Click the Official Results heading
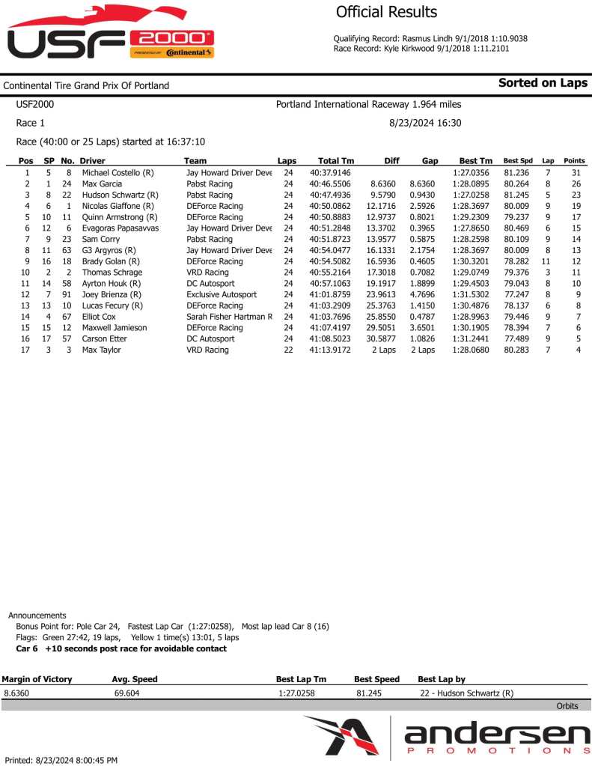386,12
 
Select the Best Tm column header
476,161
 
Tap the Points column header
574,161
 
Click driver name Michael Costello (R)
118,173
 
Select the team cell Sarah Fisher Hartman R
229,317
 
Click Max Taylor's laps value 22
288,350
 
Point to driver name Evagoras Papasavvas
120,228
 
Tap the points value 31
576,173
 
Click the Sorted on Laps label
543,83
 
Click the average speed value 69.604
126,693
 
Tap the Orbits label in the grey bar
567,706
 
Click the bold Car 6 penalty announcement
121,648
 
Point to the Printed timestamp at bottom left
61,760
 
